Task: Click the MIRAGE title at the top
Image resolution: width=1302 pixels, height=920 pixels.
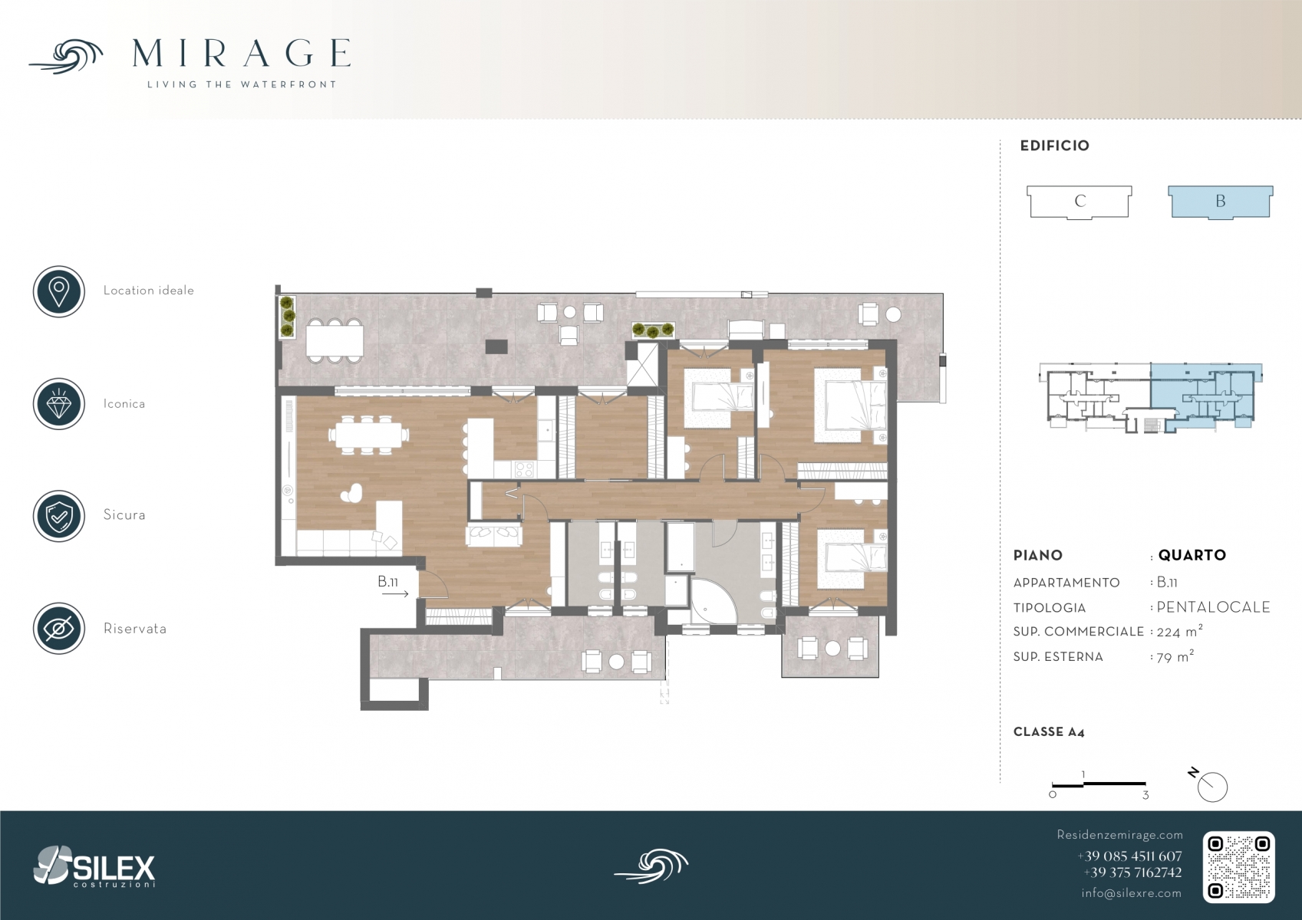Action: click(241, 54)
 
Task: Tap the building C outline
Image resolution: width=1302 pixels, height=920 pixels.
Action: click(1080, 202)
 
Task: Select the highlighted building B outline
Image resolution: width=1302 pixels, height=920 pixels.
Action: click(1221, 202)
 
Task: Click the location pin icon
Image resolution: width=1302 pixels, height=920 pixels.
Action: click(59, 291)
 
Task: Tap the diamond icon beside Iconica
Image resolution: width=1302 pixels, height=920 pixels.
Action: click(59, 404)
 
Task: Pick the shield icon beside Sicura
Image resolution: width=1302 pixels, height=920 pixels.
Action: click(59, 516)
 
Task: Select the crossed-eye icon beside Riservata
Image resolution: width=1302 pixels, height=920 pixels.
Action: click(59, 629)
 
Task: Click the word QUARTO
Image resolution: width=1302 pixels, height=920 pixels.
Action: click(1192, 555)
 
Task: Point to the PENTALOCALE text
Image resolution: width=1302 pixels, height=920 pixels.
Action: click(1213, 607)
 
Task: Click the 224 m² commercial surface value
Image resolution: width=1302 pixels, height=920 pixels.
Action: click(1179, 631)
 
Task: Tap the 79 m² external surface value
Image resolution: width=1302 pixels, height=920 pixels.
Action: click(1175, 657)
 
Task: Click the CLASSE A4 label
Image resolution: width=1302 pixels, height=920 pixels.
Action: click(1049, 732)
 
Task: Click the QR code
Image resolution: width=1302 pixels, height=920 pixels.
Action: click(1238, 867)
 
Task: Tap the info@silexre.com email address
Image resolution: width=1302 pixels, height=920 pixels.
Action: click(1131, 892)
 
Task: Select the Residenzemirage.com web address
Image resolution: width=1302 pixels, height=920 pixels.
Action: click(1119, 835)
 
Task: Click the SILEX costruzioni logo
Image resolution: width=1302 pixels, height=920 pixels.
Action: click(94, 866)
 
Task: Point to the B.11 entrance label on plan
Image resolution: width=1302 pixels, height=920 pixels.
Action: click(387, 581)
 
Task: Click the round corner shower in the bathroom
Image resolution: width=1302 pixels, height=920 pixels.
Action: click(714, 600)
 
